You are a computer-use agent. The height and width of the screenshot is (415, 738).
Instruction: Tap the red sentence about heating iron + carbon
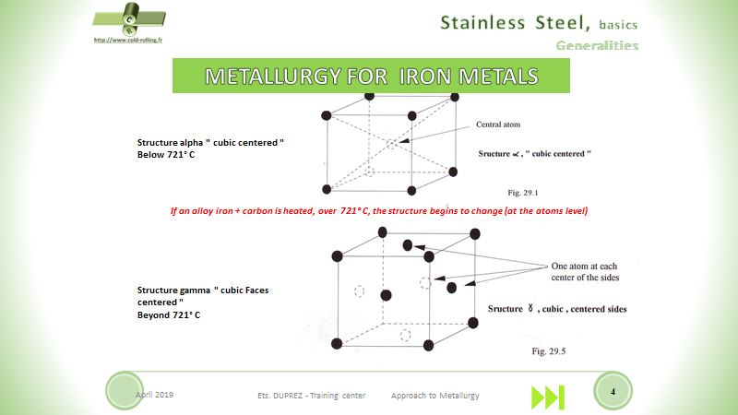(x=379, y=211)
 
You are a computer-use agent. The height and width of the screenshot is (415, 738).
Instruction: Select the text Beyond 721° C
(x=169, y=314)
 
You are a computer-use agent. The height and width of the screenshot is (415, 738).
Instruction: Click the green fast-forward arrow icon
(x=547, y=397)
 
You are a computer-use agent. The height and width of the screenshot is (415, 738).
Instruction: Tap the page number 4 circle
(x=613, y=393)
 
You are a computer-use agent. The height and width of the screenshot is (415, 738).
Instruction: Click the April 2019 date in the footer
(x=154, y=394)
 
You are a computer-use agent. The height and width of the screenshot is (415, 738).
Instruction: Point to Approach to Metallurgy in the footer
(x=435, y=395)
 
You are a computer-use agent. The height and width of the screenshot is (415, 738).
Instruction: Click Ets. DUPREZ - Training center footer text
(x=311, y=395)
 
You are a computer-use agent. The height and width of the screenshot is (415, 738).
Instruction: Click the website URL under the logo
(x=118, y=41)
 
